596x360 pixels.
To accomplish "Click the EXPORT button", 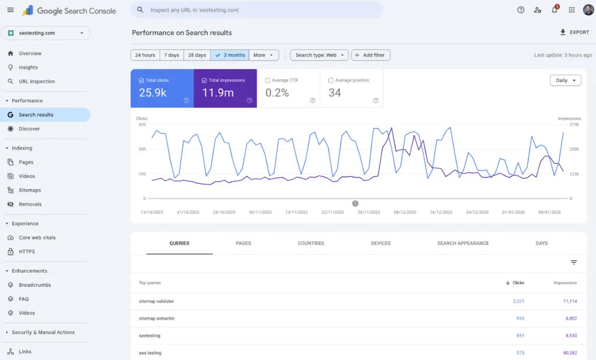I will point(574,33).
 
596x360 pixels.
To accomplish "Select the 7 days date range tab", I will point(172,55).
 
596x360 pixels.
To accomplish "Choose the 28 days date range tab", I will point(197,55).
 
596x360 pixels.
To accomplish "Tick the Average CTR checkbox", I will point(267,80).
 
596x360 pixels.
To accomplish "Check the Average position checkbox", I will point(331,80).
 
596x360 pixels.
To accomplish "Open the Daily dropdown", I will point(565,80).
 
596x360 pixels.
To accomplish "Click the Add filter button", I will point(371,55).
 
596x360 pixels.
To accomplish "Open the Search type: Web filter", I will point(319,55).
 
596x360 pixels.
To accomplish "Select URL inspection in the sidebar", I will point(37,81).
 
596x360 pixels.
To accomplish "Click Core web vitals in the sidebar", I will point(37,237).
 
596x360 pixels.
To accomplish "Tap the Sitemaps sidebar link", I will point(30,190).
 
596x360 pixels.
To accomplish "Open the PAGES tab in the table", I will point(243,243).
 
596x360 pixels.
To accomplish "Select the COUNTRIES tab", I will point(311,243).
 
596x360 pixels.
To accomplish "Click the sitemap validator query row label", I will point(157,301).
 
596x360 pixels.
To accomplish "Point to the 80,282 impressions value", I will point(566,353).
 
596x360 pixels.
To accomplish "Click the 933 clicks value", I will point(520,319).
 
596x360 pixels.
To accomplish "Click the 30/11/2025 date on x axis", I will point(368,213).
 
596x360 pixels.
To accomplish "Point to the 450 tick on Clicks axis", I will point(141,124).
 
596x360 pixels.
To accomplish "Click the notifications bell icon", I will point(554,10).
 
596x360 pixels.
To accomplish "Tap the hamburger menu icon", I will point(10,10).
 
